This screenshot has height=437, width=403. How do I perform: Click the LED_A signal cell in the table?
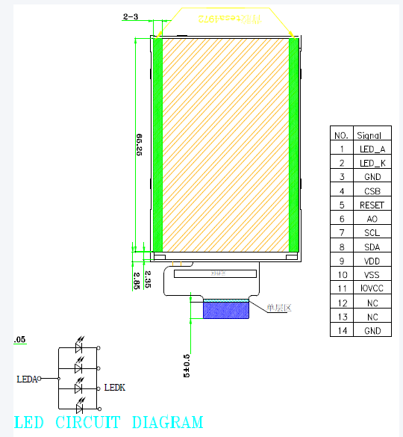coord(370,149)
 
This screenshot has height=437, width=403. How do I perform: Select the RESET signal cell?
coord(370,205)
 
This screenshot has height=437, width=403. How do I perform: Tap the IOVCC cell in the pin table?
coord(370,288)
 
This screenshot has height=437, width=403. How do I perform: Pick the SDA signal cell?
coord(370,247)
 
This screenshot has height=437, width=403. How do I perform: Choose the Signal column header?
coord(370,135)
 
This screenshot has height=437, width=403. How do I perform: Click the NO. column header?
coord(341,135)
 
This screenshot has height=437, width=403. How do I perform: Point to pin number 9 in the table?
coord(341,261)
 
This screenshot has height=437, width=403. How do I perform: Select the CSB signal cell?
coord(370,191)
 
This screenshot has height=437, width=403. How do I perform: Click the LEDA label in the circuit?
coord(27,379)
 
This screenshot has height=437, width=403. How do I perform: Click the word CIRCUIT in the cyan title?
coord(88,423)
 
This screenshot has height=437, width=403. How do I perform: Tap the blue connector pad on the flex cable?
coord(225,310)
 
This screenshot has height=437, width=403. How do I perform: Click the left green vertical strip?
coord(157,143)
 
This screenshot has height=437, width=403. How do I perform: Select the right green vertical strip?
coord(293,143)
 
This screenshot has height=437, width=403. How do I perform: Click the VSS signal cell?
coord(370,275)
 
